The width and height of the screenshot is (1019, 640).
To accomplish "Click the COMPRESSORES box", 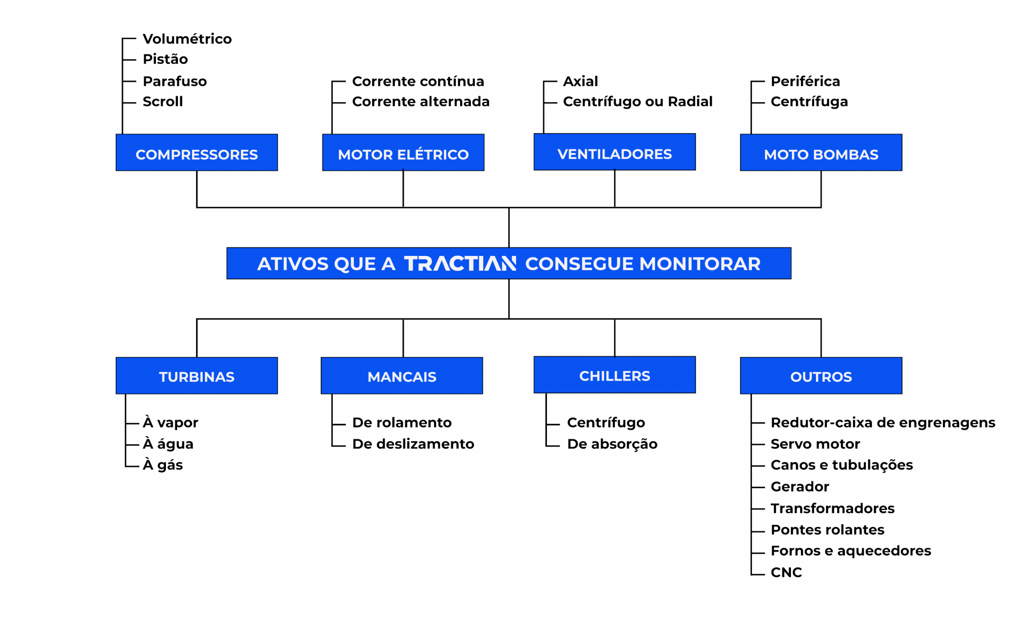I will [x=197, y=153].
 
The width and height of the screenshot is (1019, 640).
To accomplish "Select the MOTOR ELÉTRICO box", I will [x=403, y=153].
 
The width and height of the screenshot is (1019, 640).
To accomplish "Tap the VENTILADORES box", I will [x=615, y=152].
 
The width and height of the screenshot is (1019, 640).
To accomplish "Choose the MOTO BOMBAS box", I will [x=821, y=153].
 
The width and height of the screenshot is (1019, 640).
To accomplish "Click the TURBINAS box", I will [x=197, y=376].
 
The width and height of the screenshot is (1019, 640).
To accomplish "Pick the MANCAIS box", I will [x=402, y=376].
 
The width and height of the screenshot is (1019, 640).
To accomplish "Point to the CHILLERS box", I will [x=615, y=375].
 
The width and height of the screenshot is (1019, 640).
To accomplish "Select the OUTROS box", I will [x=821, y=376].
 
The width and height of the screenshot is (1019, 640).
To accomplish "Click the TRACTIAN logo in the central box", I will [x=460, y=263].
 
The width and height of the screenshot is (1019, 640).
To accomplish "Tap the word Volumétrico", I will [x=187, y=39].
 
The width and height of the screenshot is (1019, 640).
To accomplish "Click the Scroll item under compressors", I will [x=162, y=101].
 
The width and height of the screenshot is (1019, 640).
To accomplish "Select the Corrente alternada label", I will [x=421, y=101].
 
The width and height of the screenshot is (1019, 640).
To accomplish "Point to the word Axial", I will [x=580, y=81].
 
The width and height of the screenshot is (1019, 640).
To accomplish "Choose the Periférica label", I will [x=805, y=81].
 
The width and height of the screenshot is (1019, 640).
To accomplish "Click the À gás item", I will [x=163, y=464].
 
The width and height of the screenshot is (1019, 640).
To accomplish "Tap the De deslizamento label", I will [x=413, y=444].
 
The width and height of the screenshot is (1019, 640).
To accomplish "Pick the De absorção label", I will [x=612, y=444].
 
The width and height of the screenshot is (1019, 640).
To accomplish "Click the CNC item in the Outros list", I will [x=786, y=572].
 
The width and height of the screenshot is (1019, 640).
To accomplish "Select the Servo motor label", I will [x=815, y=444].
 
